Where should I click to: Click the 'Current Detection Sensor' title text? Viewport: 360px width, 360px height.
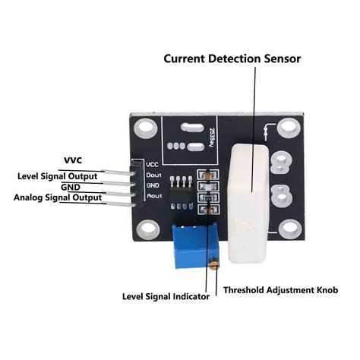[232, 58]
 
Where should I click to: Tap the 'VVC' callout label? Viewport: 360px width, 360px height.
[73, 161]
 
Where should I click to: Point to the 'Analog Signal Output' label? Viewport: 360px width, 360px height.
[58, 198]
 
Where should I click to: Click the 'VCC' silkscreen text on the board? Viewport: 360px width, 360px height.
[153, 164]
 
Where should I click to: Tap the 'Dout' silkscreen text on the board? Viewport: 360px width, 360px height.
[153, 175]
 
